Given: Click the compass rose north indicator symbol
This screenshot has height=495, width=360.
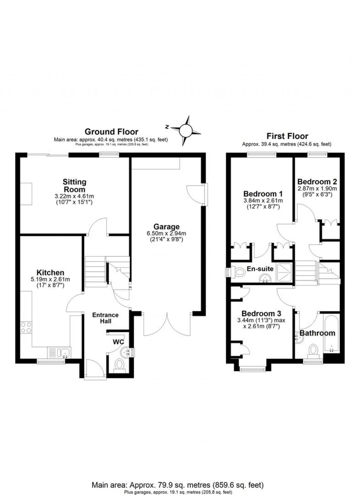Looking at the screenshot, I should coord(186,131).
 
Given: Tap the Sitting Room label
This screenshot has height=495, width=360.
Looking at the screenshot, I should coord(74,186).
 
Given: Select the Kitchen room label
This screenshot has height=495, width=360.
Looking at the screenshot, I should coord(51,272).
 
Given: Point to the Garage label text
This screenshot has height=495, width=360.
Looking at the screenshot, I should coord(166,227).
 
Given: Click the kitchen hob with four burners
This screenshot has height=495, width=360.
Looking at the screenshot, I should coord(26,328).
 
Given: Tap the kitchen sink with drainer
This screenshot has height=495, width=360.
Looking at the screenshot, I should coord(59,352).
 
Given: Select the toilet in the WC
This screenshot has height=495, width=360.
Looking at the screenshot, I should coord(120,365).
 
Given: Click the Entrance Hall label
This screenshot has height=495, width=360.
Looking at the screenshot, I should coord(105,318).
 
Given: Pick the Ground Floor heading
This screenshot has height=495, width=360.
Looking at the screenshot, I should coord(111,132).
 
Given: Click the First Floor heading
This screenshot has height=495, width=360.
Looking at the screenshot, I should coord(287,136).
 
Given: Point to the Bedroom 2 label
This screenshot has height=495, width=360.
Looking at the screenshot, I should coord(317,182).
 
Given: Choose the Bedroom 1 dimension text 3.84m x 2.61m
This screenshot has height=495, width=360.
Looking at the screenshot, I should coord(263,201).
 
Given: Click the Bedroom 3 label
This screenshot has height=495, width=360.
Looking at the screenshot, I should coord(261,313).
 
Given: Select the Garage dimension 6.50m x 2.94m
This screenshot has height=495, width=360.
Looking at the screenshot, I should coord(166,233).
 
